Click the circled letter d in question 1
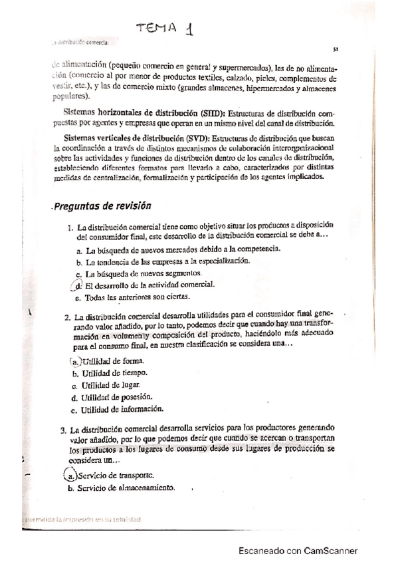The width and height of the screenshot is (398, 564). [x=77, y=285]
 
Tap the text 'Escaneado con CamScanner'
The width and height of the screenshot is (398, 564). [x=298, y=551]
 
